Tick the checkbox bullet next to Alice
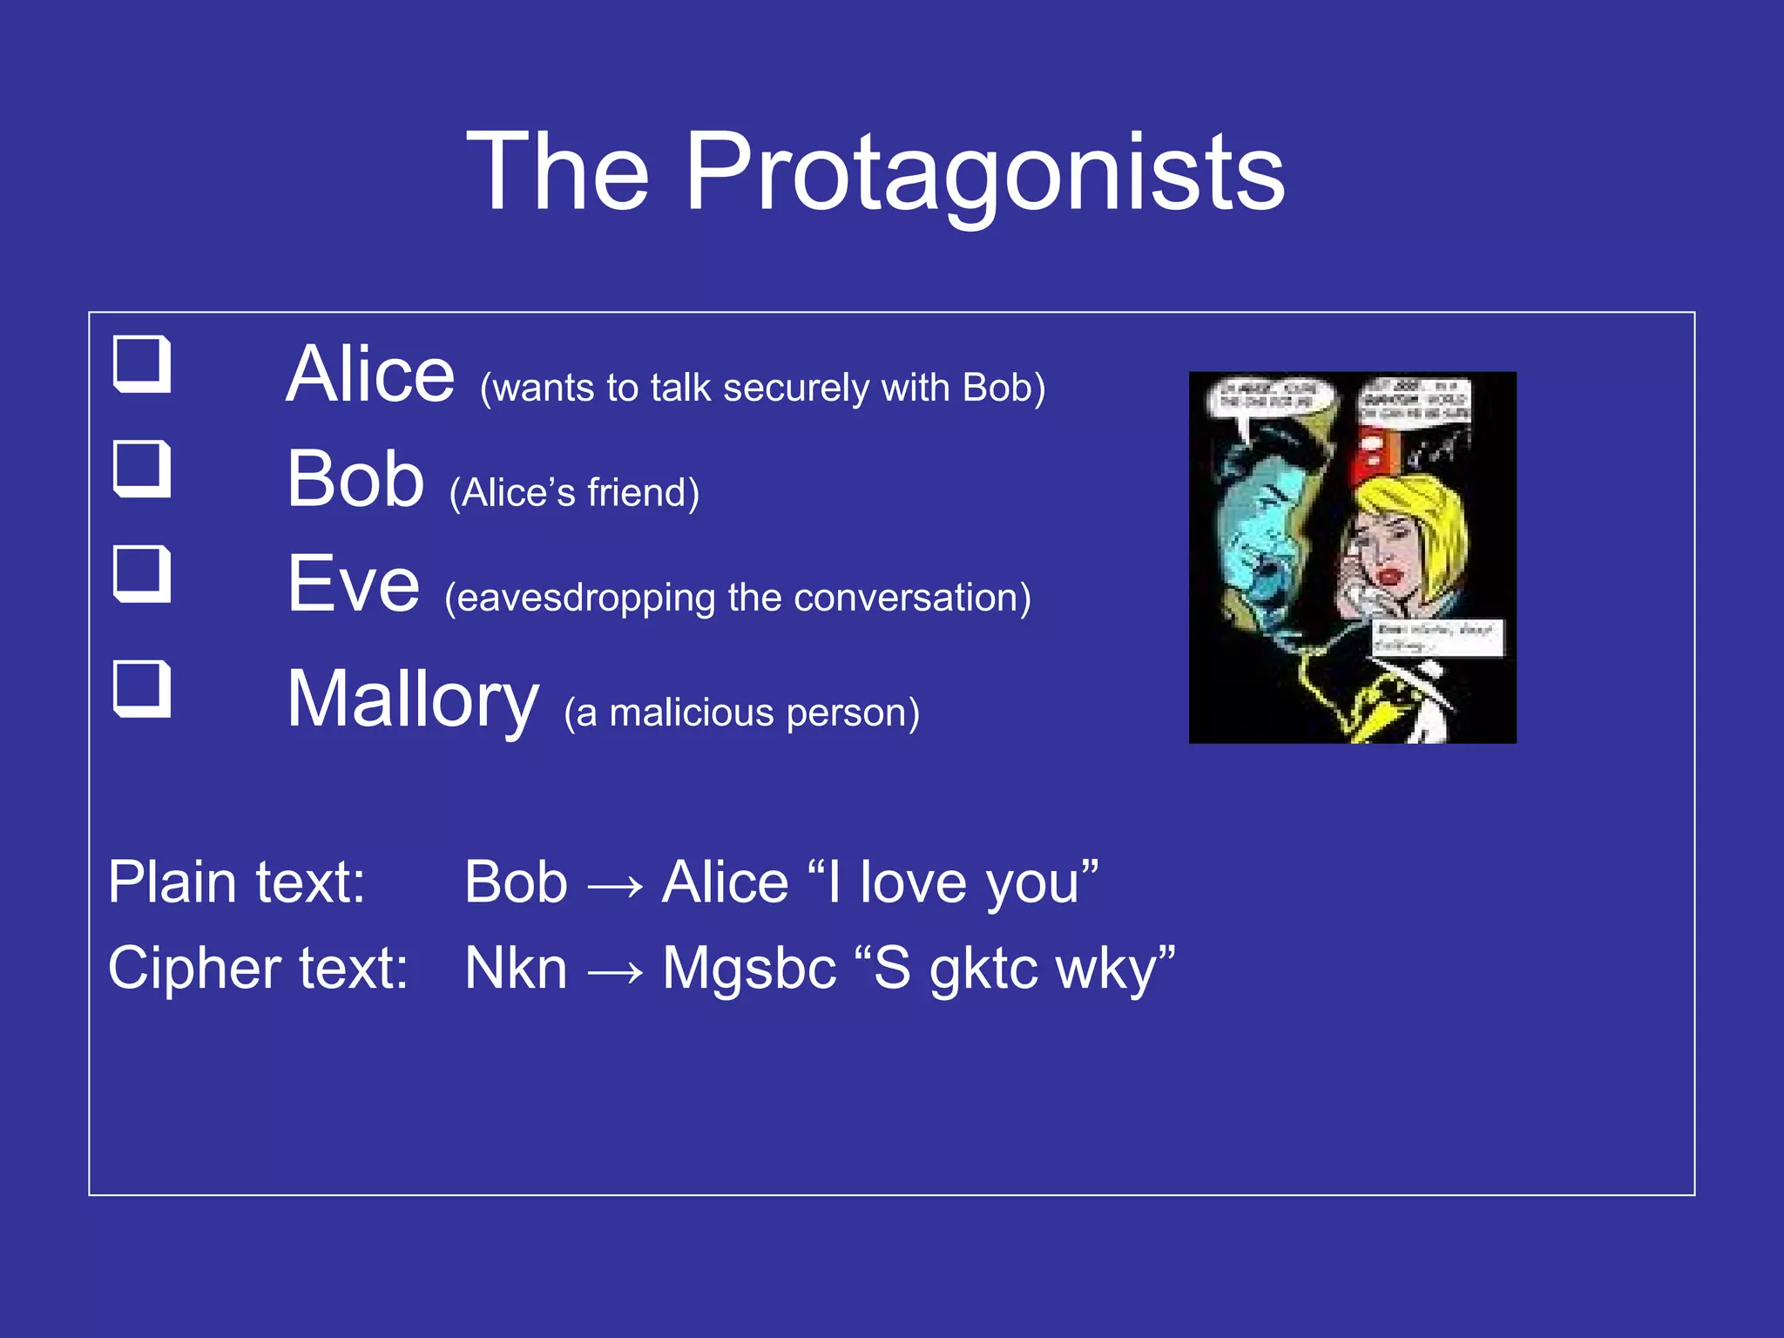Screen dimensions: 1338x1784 pos(142,364)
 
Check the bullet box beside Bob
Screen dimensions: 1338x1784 pos(142,469)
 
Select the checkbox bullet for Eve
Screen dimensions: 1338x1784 pos(142,574)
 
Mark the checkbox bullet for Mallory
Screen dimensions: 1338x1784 pos(142,689)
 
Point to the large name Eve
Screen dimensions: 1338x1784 pos(353,585)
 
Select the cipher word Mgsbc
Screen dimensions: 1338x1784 pos(749,969)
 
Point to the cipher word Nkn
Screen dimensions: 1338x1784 pos(516,969)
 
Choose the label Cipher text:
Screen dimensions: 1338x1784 pos(258,969)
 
